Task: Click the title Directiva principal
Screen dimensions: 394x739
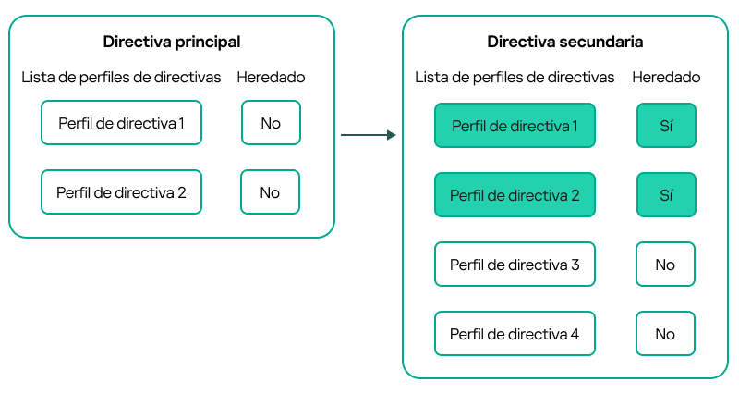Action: [172, 42]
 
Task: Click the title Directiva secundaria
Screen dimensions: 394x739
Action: [565, 42]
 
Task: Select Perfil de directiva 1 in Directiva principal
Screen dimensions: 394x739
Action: [121, 123]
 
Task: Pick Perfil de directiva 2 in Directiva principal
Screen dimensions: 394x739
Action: [121, 192]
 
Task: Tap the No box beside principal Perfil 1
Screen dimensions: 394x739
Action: [271, 123]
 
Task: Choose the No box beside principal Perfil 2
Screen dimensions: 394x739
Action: [271, 192]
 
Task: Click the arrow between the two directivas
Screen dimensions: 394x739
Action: [368, 135]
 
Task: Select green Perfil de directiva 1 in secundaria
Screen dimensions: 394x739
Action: [515, 126]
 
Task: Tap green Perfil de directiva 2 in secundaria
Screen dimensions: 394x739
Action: [515, 195]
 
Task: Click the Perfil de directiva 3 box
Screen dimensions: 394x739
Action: [515, 265]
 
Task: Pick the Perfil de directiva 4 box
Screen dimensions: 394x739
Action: [515, 334]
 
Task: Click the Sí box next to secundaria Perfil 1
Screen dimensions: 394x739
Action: [665, 126]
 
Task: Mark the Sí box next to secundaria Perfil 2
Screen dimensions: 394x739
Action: [665, 195]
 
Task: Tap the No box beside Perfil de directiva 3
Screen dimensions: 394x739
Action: [665, 265]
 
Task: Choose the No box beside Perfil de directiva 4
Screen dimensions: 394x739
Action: [665, 334]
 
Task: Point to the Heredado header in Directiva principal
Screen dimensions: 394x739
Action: [271, 77]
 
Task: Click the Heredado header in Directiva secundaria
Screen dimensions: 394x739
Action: [665, 77]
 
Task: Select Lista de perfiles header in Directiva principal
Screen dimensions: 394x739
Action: [121, 77]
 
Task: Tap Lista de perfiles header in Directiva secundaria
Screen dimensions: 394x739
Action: [515, 77]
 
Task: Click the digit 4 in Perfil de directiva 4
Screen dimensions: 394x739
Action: [575, 335]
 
